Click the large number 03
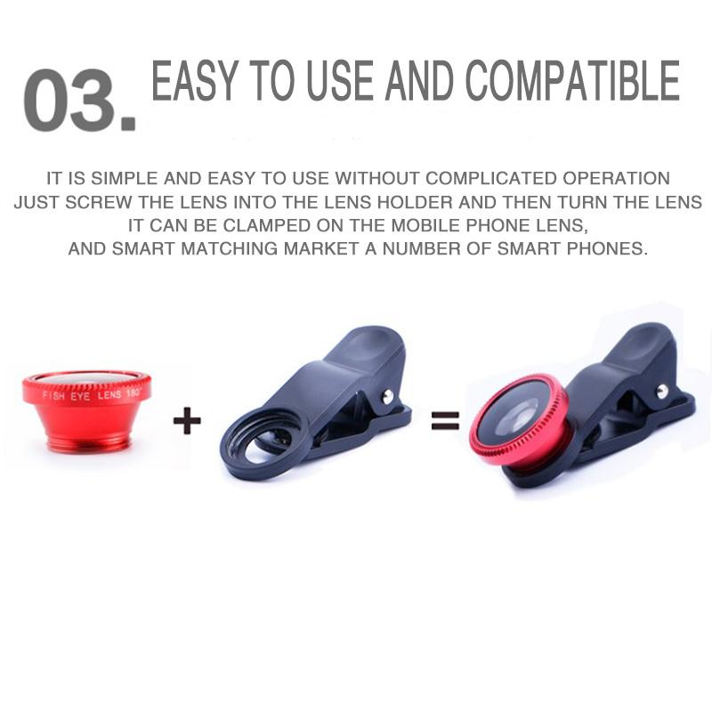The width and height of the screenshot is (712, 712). click(x=78, y=101)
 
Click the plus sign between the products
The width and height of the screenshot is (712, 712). click(x=186, y=419)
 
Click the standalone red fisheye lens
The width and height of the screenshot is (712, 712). click(x=86, y=410)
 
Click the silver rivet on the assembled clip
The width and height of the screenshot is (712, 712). click(x=662, y=391)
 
